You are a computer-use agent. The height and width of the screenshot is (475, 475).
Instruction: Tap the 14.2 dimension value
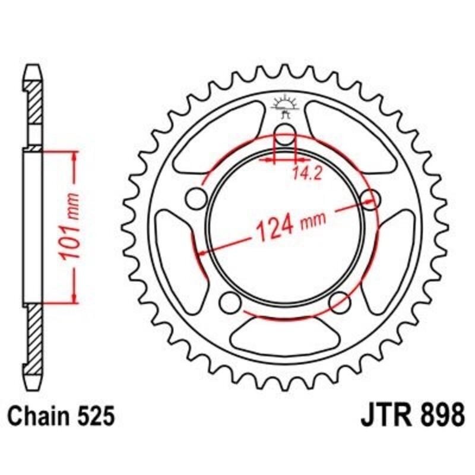302,174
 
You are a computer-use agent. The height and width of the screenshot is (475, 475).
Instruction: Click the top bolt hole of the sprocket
285,135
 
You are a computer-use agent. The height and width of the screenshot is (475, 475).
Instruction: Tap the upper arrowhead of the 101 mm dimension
75,156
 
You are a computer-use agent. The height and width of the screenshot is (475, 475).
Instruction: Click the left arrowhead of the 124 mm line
202,254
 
